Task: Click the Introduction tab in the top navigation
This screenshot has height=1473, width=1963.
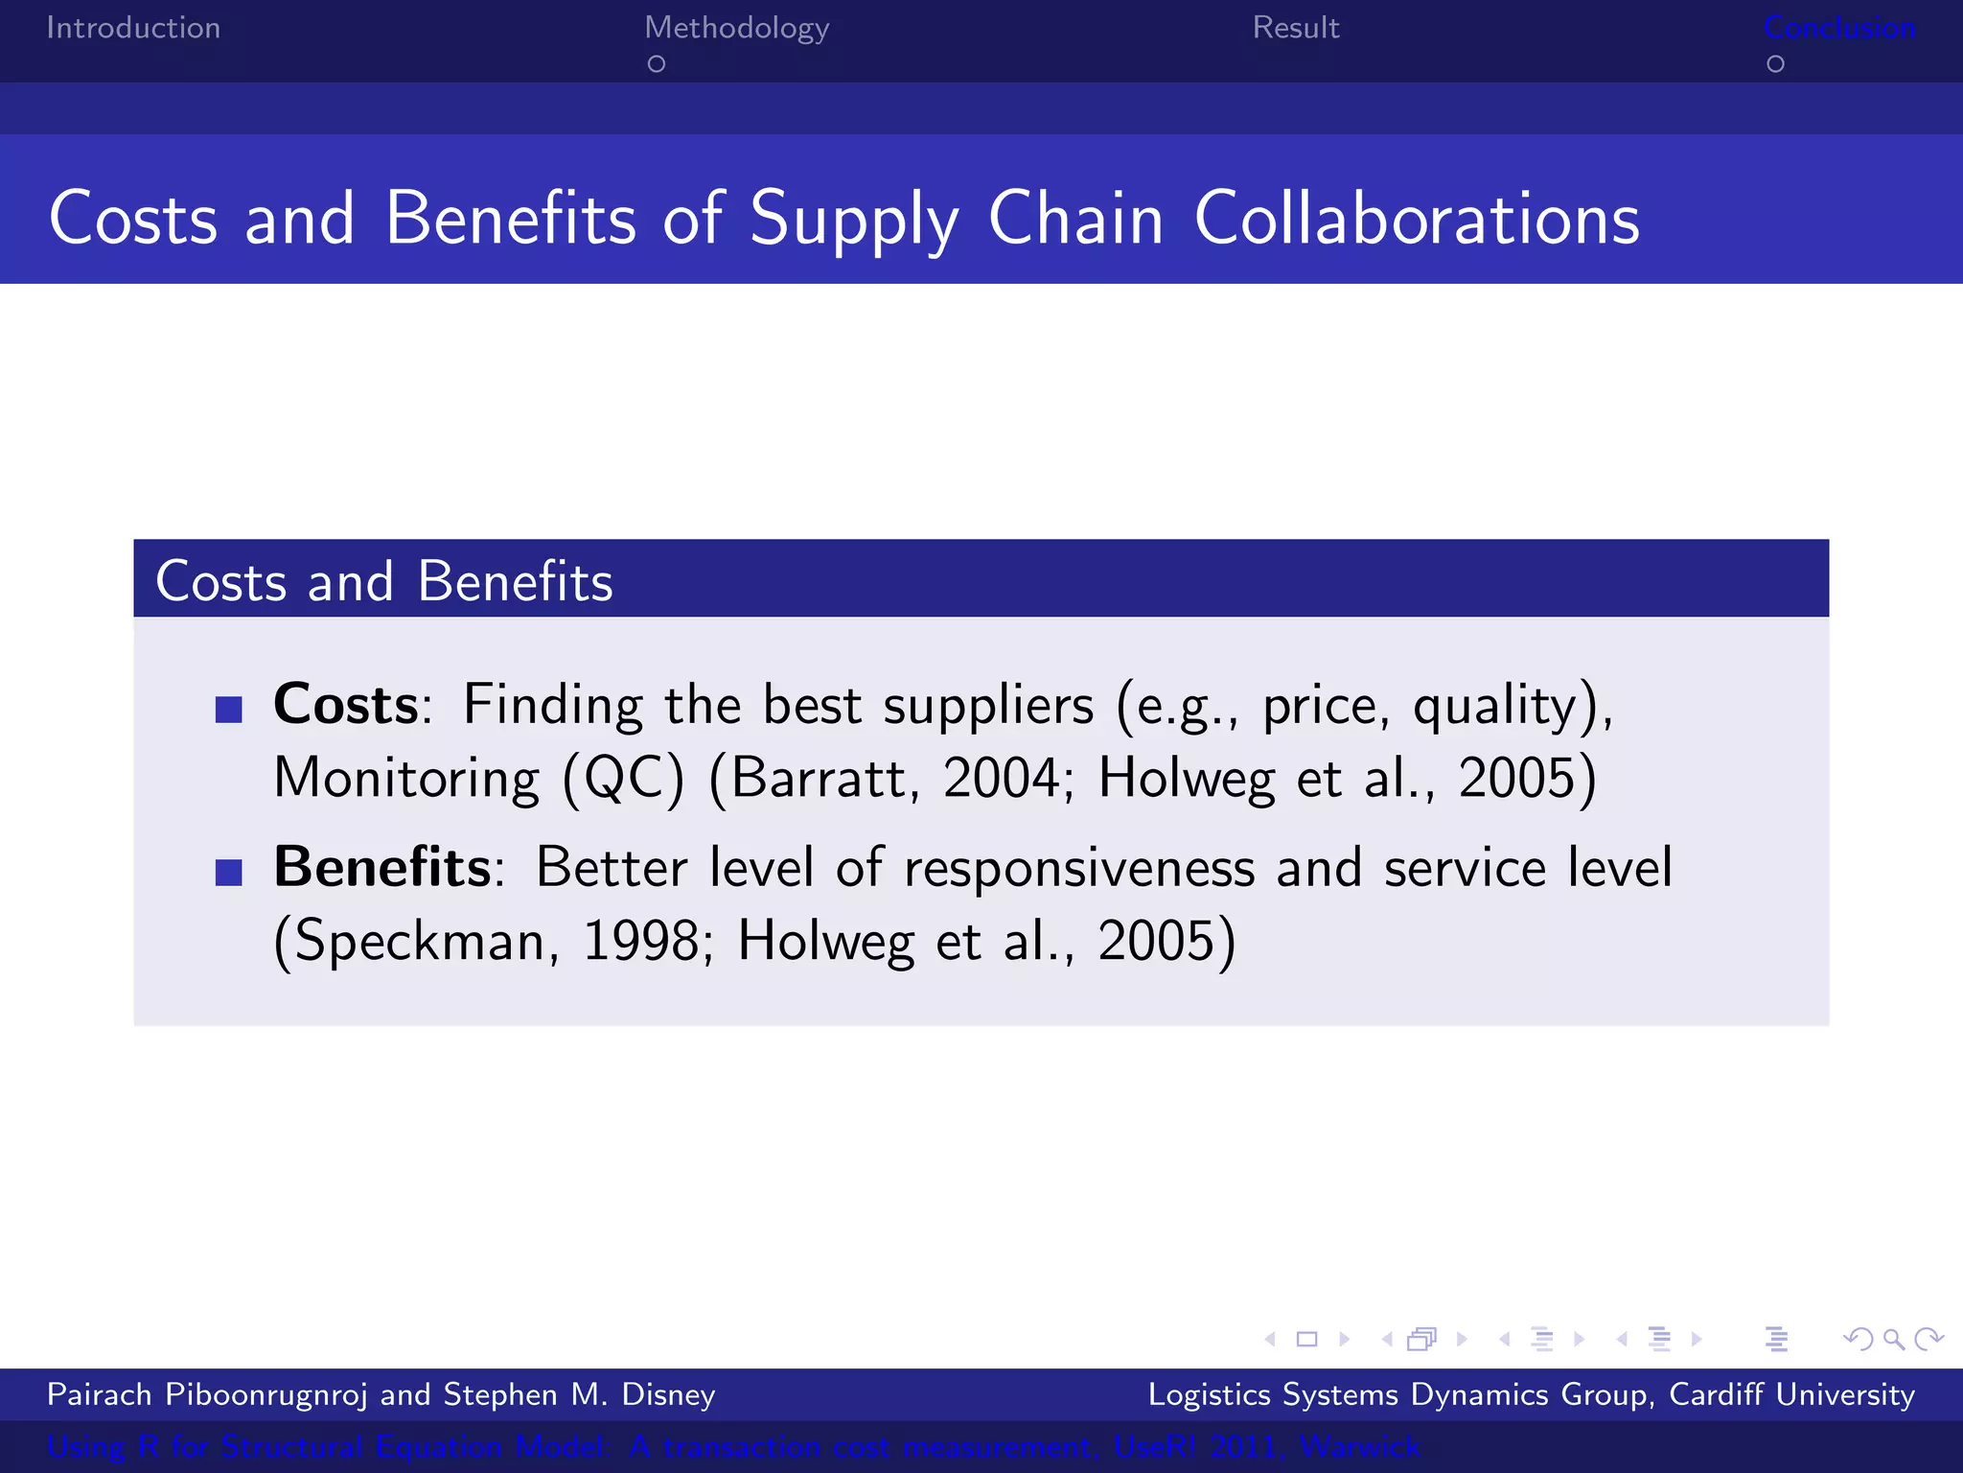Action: (133, 28)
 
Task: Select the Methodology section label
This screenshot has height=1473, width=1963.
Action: (736, 29)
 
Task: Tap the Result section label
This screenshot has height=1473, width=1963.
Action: (1295, 28)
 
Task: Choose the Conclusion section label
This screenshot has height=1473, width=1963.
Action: (1839, 28)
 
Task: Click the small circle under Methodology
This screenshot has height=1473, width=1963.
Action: (657, 64)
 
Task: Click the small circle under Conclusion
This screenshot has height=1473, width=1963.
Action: (1775, 64)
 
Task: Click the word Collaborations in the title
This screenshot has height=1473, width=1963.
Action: (1417, 219)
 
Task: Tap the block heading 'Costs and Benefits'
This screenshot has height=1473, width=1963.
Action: (383, 581)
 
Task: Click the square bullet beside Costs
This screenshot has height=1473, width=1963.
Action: (229, 710)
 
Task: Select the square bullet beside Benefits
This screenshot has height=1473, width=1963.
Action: (229, 873)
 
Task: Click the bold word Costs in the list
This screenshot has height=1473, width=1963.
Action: (346, 705)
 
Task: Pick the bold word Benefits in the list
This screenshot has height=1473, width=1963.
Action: (382, 867)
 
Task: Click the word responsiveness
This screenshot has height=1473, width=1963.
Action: (1079, 869)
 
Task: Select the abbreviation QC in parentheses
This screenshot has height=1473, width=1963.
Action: (623, 778)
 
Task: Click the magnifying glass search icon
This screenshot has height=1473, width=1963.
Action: (1893, 1339)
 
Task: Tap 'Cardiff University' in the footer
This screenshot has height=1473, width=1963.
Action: (1791, 1394)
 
